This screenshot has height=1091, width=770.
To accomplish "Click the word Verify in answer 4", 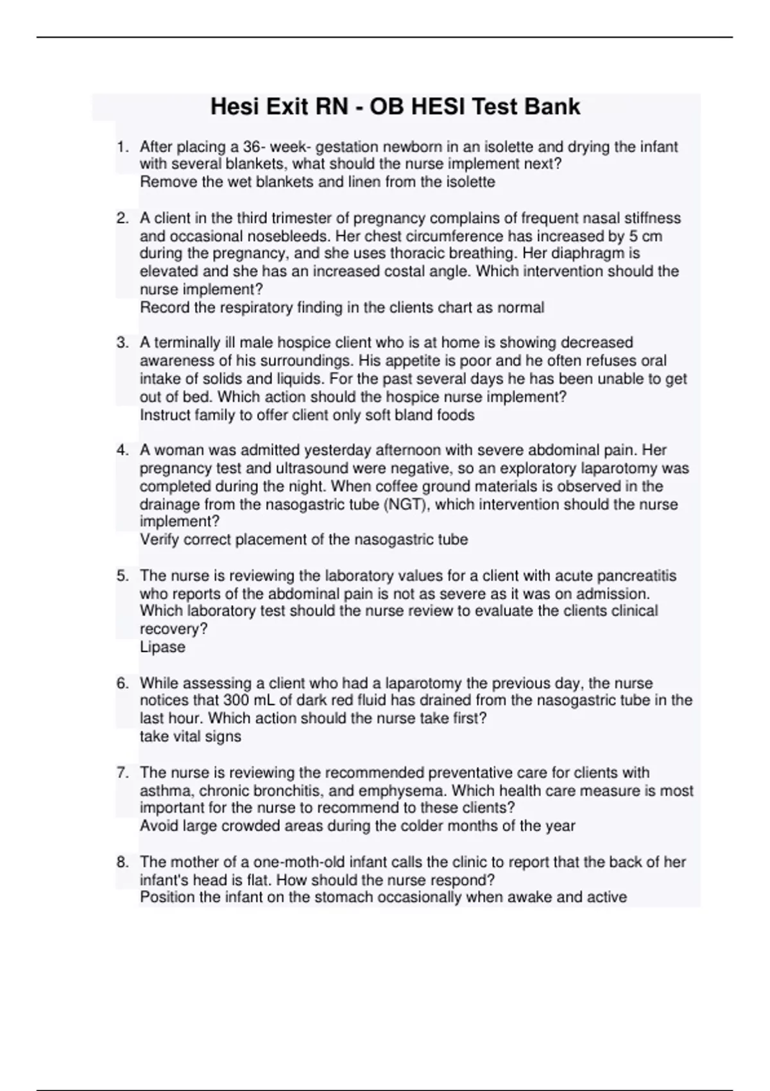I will click(160, 540).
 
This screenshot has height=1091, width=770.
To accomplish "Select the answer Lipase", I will click(162, 647).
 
